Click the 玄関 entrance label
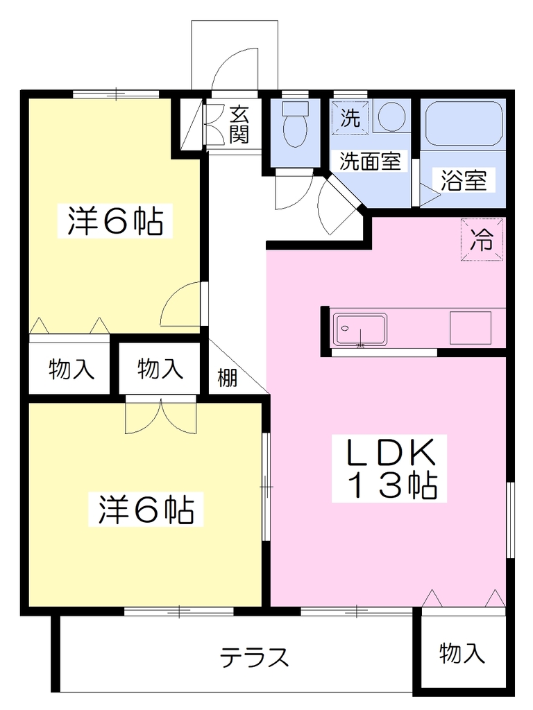click(239, 124)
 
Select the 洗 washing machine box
click(350, 118)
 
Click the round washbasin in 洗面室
click(392, 116)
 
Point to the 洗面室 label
click(370, 161)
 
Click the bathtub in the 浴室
click(463, 123)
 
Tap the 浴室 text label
click(463, 181)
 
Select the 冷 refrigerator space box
click(482, 239)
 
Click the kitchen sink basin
click(360, 329)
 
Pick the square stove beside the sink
click(471, 328)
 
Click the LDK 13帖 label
click(389, 469)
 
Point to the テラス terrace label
click(254, 657)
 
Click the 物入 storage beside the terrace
click(462, 653)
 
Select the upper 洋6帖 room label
click(115, 221)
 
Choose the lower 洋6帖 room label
click(146, 510)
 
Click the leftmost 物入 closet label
click(71, 369)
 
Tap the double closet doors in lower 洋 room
click(161, 415)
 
